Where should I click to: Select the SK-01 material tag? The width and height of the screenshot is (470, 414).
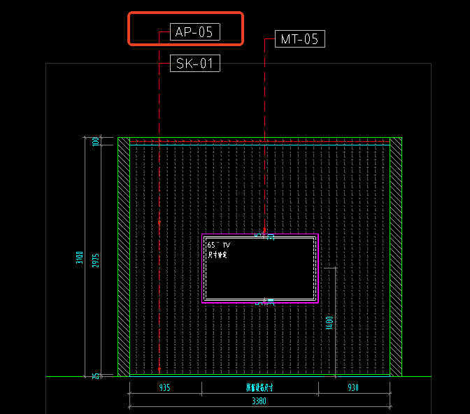195,64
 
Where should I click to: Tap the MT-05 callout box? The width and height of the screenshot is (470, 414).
299,39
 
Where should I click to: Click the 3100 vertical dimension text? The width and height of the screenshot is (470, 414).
80,257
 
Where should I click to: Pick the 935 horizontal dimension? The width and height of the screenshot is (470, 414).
165,387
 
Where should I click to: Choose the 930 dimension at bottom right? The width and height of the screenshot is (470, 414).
352,387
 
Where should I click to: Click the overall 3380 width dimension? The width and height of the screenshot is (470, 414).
259,402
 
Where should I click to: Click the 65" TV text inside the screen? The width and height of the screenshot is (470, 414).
218,245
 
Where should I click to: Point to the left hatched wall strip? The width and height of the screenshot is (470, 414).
124,257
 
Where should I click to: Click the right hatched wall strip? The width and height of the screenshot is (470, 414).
396,257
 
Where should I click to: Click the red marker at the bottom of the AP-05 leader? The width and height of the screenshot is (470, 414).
159,370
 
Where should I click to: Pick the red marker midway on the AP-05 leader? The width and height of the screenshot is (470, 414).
159,223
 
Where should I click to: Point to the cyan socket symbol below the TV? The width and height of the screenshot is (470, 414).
271,301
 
